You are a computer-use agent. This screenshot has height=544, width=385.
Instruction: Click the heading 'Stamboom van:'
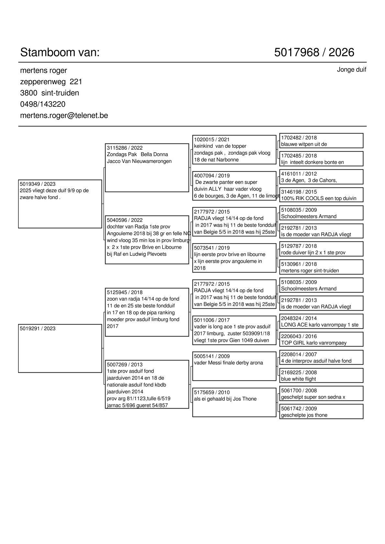(60, 52)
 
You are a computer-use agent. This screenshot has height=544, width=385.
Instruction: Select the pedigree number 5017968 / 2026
(314, 52)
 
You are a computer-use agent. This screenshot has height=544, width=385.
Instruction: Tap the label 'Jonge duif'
(351, 70)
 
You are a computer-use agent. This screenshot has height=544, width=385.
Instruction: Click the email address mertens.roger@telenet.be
(64, 115)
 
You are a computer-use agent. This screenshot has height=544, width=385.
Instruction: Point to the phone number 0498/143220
(43, 104)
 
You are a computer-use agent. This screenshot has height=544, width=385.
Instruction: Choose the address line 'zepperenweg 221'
(51, 82)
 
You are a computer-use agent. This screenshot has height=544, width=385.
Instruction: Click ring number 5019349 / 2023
(38, 184)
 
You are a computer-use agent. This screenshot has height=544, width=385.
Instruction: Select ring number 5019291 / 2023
(38, 329)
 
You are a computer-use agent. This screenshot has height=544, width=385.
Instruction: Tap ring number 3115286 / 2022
(125, 148)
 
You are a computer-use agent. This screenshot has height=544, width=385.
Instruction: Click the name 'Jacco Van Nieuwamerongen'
(139, 161)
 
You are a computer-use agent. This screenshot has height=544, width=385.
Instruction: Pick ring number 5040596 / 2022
(125, 220)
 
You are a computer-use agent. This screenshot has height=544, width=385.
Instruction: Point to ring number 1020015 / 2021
(212, 140)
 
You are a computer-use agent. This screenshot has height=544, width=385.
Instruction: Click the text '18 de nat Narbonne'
(216, 160)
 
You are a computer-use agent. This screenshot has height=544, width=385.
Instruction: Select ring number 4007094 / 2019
(212, 176)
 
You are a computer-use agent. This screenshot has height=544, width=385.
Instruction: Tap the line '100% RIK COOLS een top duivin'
(318, 198)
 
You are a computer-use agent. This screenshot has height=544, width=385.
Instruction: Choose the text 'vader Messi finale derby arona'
(228, 363)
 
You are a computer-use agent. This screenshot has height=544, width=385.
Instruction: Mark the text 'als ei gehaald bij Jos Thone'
(225, 399)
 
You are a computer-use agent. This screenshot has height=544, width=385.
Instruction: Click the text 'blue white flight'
(298, 379)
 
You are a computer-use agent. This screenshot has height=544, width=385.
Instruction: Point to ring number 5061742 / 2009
(299, 409)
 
